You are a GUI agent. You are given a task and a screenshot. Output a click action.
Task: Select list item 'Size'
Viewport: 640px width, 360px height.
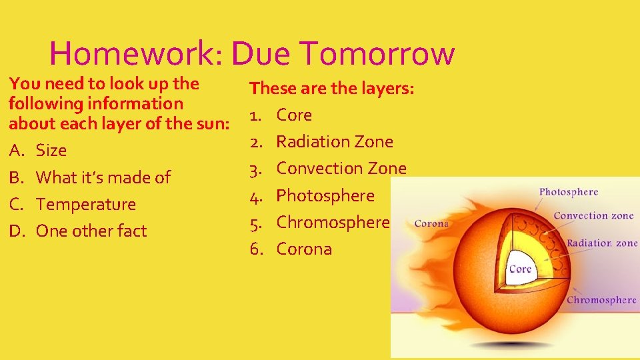point(51,151)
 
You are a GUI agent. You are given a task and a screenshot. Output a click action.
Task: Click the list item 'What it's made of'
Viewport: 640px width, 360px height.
point(103,177)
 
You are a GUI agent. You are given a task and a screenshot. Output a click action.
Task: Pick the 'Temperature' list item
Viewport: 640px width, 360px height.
point(86,204)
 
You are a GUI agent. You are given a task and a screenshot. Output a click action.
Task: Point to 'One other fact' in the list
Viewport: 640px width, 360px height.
point(91,231)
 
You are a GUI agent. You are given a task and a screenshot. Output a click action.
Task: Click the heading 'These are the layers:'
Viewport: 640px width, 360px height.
point(332,88)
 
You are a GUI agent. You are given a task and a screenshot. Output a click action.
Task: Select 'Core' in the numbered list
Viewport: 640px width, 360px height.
point(294,115)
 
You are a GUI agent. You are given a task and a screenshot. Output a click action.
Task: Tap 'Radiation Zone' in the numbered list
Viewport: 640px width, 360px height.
point(335,141)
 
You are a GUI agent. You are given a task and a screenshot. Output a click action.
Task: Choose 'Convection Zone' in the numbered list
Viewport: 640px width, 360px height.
point(341,168)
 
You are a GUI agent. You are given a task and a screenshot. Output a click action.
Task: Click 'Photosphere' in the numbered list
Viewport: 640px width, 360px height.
point(325,195)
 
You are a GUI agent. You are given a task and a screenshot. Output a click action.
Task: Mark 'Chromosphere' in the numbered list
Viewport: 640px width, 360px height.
point(333,222)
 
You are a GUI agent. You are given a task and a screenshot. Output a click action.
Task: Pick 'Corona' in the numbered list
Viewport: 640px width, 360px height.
point(304,249)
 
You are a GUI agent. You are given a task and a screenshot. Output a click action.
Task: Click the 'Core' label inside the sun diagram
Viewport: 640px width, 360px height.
point(520,269)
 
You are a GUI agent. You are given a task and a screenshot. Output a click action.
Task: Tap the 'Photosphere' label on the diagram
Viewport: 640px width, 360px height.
point(569,192)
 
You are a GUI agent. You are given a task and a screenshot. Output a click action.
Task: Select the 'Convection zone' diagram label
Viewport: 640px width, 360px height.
point(593,215)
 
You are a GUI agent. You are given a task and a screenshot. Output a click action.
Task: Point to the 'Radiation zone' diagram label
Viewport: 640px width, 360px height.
point(602,243)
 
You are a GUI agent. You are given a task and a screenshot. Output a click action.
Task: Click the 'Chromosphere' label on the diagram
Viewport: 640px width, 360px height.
point(601,300)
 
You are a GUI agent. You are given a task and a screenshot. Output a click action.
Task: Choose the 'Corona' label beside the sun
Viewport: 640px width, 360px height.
point(431,223)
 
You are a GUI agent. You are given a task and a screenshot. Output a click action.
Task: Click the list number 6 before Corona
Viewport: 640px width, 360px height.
point(255,249)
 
